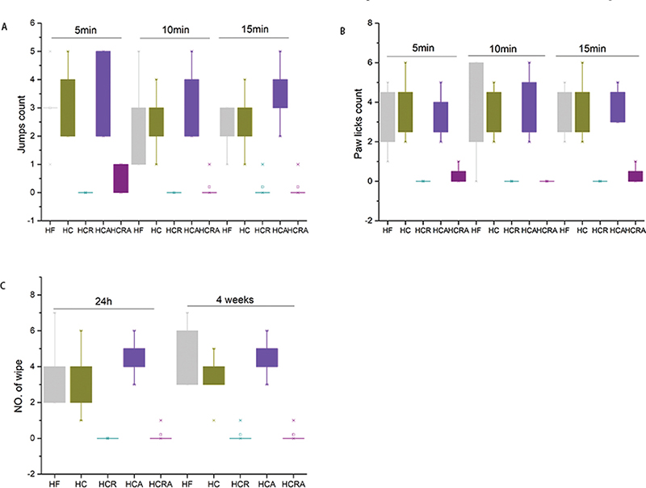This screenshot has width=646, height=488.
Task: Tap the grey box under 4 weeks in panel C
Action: point(187,357)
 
